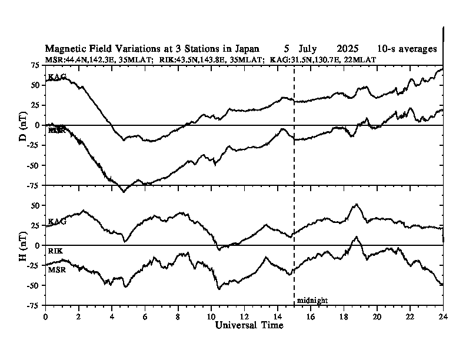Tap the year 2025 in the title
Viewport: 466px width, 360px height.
(x=349, y=49)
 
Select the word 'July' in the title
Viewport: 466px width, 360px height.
(x=308, y=49)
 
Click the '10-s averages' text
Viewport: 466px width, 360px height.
(x=408, y=49)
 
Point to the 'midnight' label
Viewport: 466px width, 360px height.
(x=312, y=301)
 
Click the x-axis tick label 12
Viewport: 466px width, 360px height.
(x=244, y=316)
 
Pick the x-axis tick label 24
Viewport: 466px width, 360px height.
(x=443, y=316)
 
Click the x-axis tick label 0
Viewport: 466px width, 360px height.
(x=45, y=316)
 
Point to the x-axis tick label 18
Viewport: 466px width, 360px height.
(x=344, y=316)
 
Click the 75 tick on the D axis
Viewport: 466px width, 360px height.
(x=35, y=65)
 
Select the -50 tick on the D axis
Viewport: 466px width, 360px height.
(x=34, y=165)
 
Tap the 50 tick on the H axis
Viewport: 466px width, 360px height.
(x=35, y=205)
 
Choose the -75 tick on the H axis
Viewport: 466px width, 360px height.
(x=34, y=306)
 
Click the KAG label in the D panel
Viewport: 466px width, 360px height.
(x=56, y=77)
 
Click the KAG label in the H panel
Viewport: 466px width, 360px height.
(x=56, y=222)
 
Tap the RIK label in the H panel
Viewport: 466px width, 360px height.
(x=55, y=251)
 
